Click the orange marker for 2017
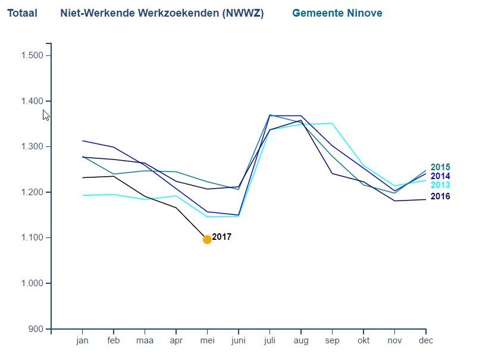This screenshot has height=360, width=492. (x=207, y=239)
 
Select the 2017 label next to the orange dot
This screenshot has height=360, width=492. (x=222, y=237)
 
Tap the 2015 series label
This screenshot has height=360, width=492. (x=440, y=167)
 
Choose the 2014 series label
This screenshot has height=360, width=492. (x=440, y=176)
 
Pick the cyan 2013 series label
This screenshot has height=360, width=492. (x=440, y=185)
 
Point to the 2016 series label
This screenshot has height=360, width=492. (x=440, y=196)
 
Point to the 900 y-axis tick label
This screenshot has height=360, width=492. (x=36, y=329)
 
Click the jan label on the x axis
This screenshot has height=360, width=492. (x=82, y=341)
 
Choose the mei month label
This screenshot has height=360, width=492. (x=207, y=341)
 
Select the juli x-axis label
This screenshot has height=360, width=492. (x=269, y=341)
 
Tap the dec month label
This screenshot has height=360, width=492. (x=425, y=341)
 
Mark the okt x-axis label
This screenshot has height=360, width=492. (x=363, y=341)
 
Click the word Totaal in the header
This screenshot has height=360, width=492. (x=22, y=13)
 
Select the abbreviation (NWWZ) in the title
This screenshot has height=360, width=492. (x=243, y=13)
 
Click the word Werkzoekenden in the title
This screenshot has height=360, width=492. (x=184, y=13)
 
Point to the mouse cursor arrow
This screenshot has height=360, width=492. (x=46, y=114)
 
